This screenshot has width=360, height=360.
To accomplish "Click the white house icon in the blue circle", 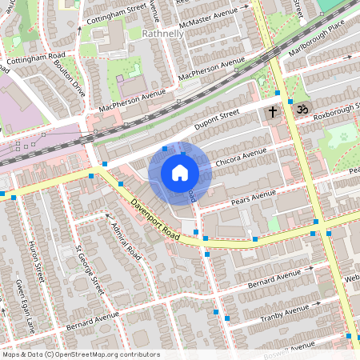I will click(179, 173).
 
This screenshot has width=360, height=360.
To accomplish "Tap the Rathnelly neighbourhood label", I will click(162, 34).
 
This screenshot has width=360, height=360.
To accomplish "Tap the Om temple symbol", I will click(302, 109).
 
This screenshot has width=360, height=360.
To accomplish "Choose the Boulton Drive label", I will click(70, 75).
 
